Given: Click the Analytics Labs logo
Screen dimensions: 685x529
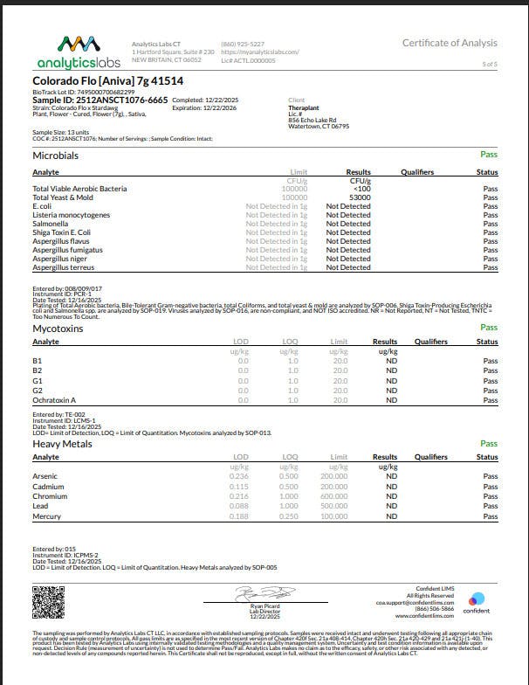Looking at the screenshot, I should [79, 53].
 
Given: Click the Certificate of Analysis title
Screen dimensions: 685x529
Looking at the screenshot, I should [450, 43].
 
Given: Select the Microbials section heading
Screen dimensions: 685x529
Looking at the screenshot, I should [55, 156].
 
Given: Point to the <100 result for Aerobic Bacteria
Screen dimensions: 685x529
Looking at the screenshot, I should [361, 189].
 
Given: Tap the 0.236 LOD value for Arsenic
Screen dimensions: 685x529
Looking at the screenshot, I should [237, 476].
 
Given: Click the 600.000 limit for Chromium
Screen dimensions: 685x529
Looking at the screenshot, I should [333, 496].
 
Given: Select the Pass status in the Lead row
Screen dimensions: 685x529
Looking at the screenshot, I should [490, 507].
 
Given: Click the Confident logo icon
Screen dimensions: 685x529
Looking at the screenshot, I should [477, 599].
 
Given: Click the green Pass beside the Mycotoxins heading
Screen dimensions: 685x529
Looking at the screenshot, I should [488, 328].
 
